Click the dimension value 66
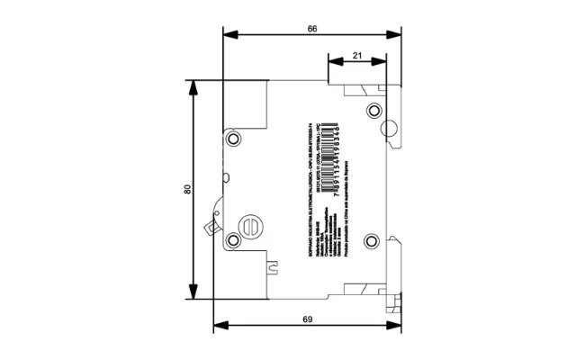click(x=311, y=29)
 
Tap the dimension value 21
click(x=357, y=56)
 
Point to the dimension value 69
click(x=307, y=319)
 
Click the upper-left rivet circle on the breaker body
click(x=234, y=139)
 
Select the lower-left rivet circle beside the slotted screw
click(x=233, y=239)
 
